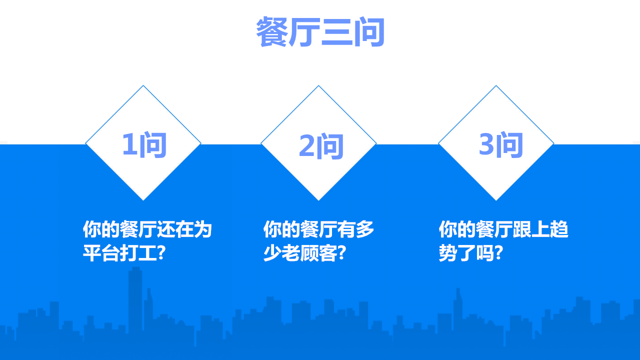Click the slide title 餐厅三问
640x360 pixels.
click(x=320, y=31)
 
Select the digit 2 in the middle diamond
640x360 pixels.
click(x=307, y=145)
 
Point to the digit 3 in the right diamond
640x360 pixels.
click(x=486, y=144)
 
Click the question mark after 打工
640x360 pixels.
click(x=161, y=252)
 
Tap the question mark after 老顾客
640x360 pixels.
click(x=341, y=252)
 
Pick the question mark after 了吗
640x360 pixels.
click(x=498, y=252)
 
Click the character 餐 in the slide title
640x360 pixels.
click(x=272, y=31)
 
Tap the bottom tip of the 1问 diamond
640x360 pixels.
click(x=143, y=200)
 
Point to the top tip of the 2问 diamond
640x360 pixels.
click(x=318, y=85)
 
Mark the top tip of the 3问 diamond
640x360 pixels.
click(x=496, y=85)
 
